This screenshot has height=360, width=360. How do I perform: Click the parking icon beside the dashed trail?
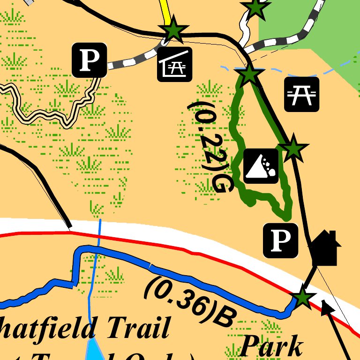coord(89,60)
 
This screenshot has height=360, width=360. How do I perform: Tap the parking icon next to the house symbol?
coord(280,240)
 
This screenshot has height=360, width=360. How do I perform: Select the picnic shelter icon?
coord(174,64)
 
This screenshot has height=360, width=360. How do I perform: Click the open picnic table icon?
coord(302,94)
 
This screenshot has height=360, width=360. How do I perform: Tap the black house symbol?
coord(325,248)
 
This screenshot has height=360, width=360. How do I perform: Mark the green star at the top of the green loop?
coord(249,74)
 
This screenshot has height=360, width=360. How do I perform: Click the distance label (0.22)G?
coord(211,145)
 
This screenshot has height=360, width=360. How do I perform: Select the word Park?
coord(272,347)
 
